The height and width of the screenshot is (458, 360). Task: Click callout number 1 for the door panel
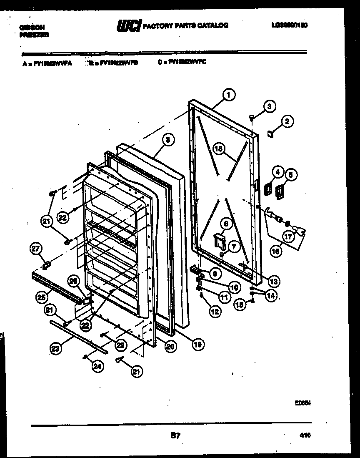227,95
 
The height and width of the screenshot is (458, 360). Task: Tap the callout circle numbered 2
287,122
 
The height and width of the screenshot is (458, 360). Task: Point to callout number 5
291,174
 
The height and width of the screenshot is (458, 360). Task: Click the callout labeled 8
167,141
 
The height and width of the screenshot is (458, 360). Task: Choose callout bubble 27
36,249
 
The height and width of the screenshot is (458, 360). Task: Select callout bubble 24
97,367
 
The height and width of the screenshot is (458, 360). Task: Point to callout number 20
170,345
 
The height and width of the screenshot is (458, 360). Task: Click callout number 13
274,280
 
